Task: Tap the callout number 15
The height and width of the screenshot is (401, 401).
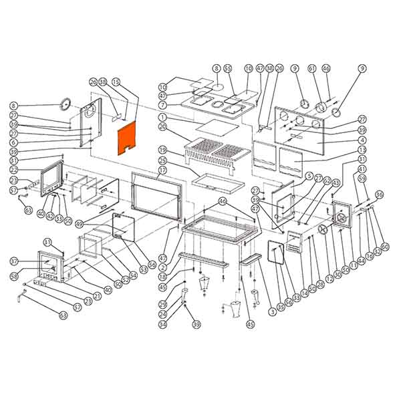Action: [116, 82]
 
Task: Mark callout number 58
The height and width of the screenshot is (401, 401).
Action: [14, 275]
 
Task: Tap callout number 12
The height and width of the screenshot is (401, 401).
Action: [328, 279]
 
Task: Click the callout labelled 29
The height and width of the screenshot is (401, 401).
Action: [162, 305]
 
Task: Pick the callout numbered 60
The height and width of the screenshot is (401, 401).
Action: [384, 247]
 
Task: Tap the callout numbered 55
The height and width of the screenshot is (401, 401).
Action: [227, 68]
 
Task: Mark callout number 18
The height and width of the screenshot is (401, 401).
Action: [162, 276]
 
